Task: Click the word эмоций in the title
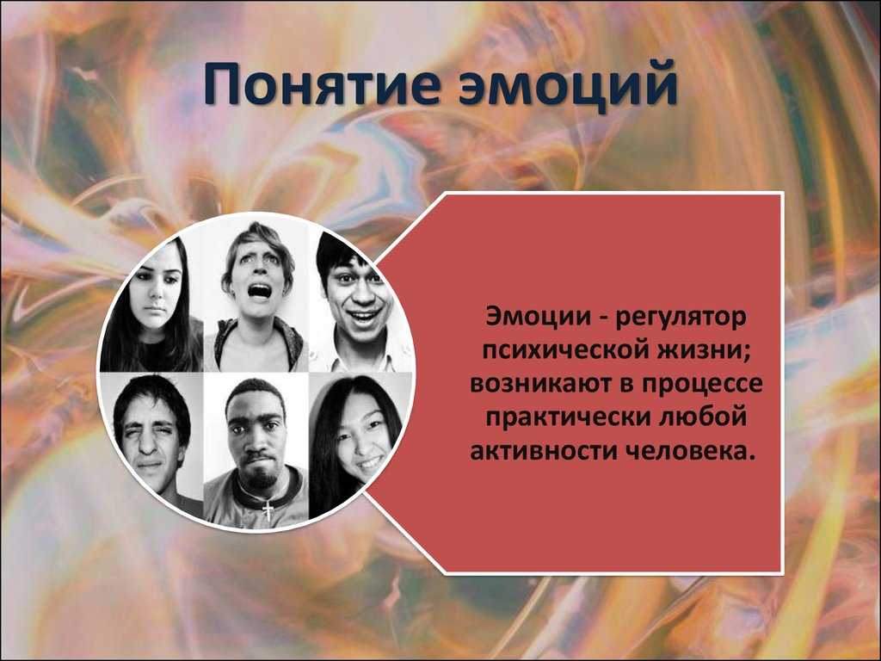click(x=568, y=85)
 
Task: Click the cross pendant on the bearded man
click(x=269, y=510)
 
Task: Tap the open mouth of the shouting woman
click(x=260, y=291)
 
